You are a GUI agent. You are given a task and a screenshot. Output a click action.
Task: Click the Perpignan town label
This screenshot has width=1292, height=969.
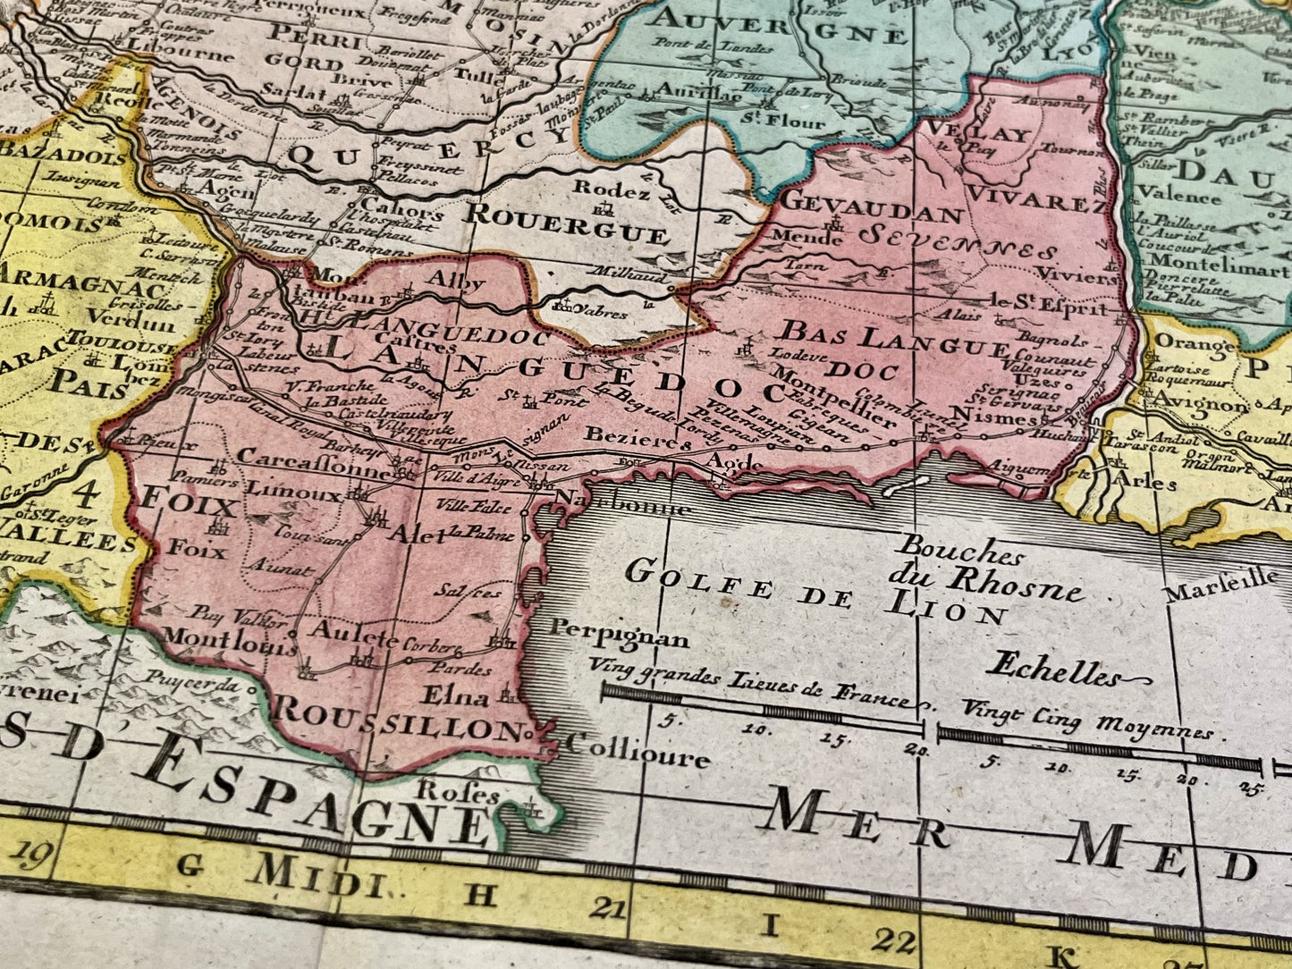pyautogui.click(x=619, y=632)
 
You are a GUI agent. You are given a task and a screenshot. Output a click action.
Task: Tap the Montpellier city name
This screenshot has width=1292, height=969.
pyautogui.click(x=834, y=394)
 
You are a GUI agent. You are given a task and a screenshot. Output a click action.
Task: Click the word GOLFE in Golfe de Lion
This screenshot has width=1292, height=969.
pyautogui.click(x=698, y=580)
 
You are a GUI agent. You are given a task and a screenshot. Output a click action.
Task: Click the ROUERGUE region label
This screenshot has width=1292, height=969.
pyautogui.click(x=567, y=223)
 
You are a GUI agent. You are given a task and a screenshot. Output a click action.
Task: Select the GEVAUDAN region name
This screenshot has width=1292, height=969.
pyautogui.click(x=871, y=207)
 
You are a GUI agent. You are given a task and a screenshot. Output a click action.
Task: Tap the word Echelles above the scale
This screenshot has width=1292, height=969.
pyautogui.click(x=1052, y=668)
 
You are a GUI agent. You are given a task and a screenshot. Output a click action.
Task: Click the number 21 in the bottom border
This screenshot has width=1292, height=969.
pyautogui.click(x=608, y=909)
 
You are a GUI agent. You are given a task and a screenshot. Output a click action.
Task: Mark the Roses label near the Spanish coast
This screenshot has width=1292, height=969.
pyautogui.click(x=459, y=792)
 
